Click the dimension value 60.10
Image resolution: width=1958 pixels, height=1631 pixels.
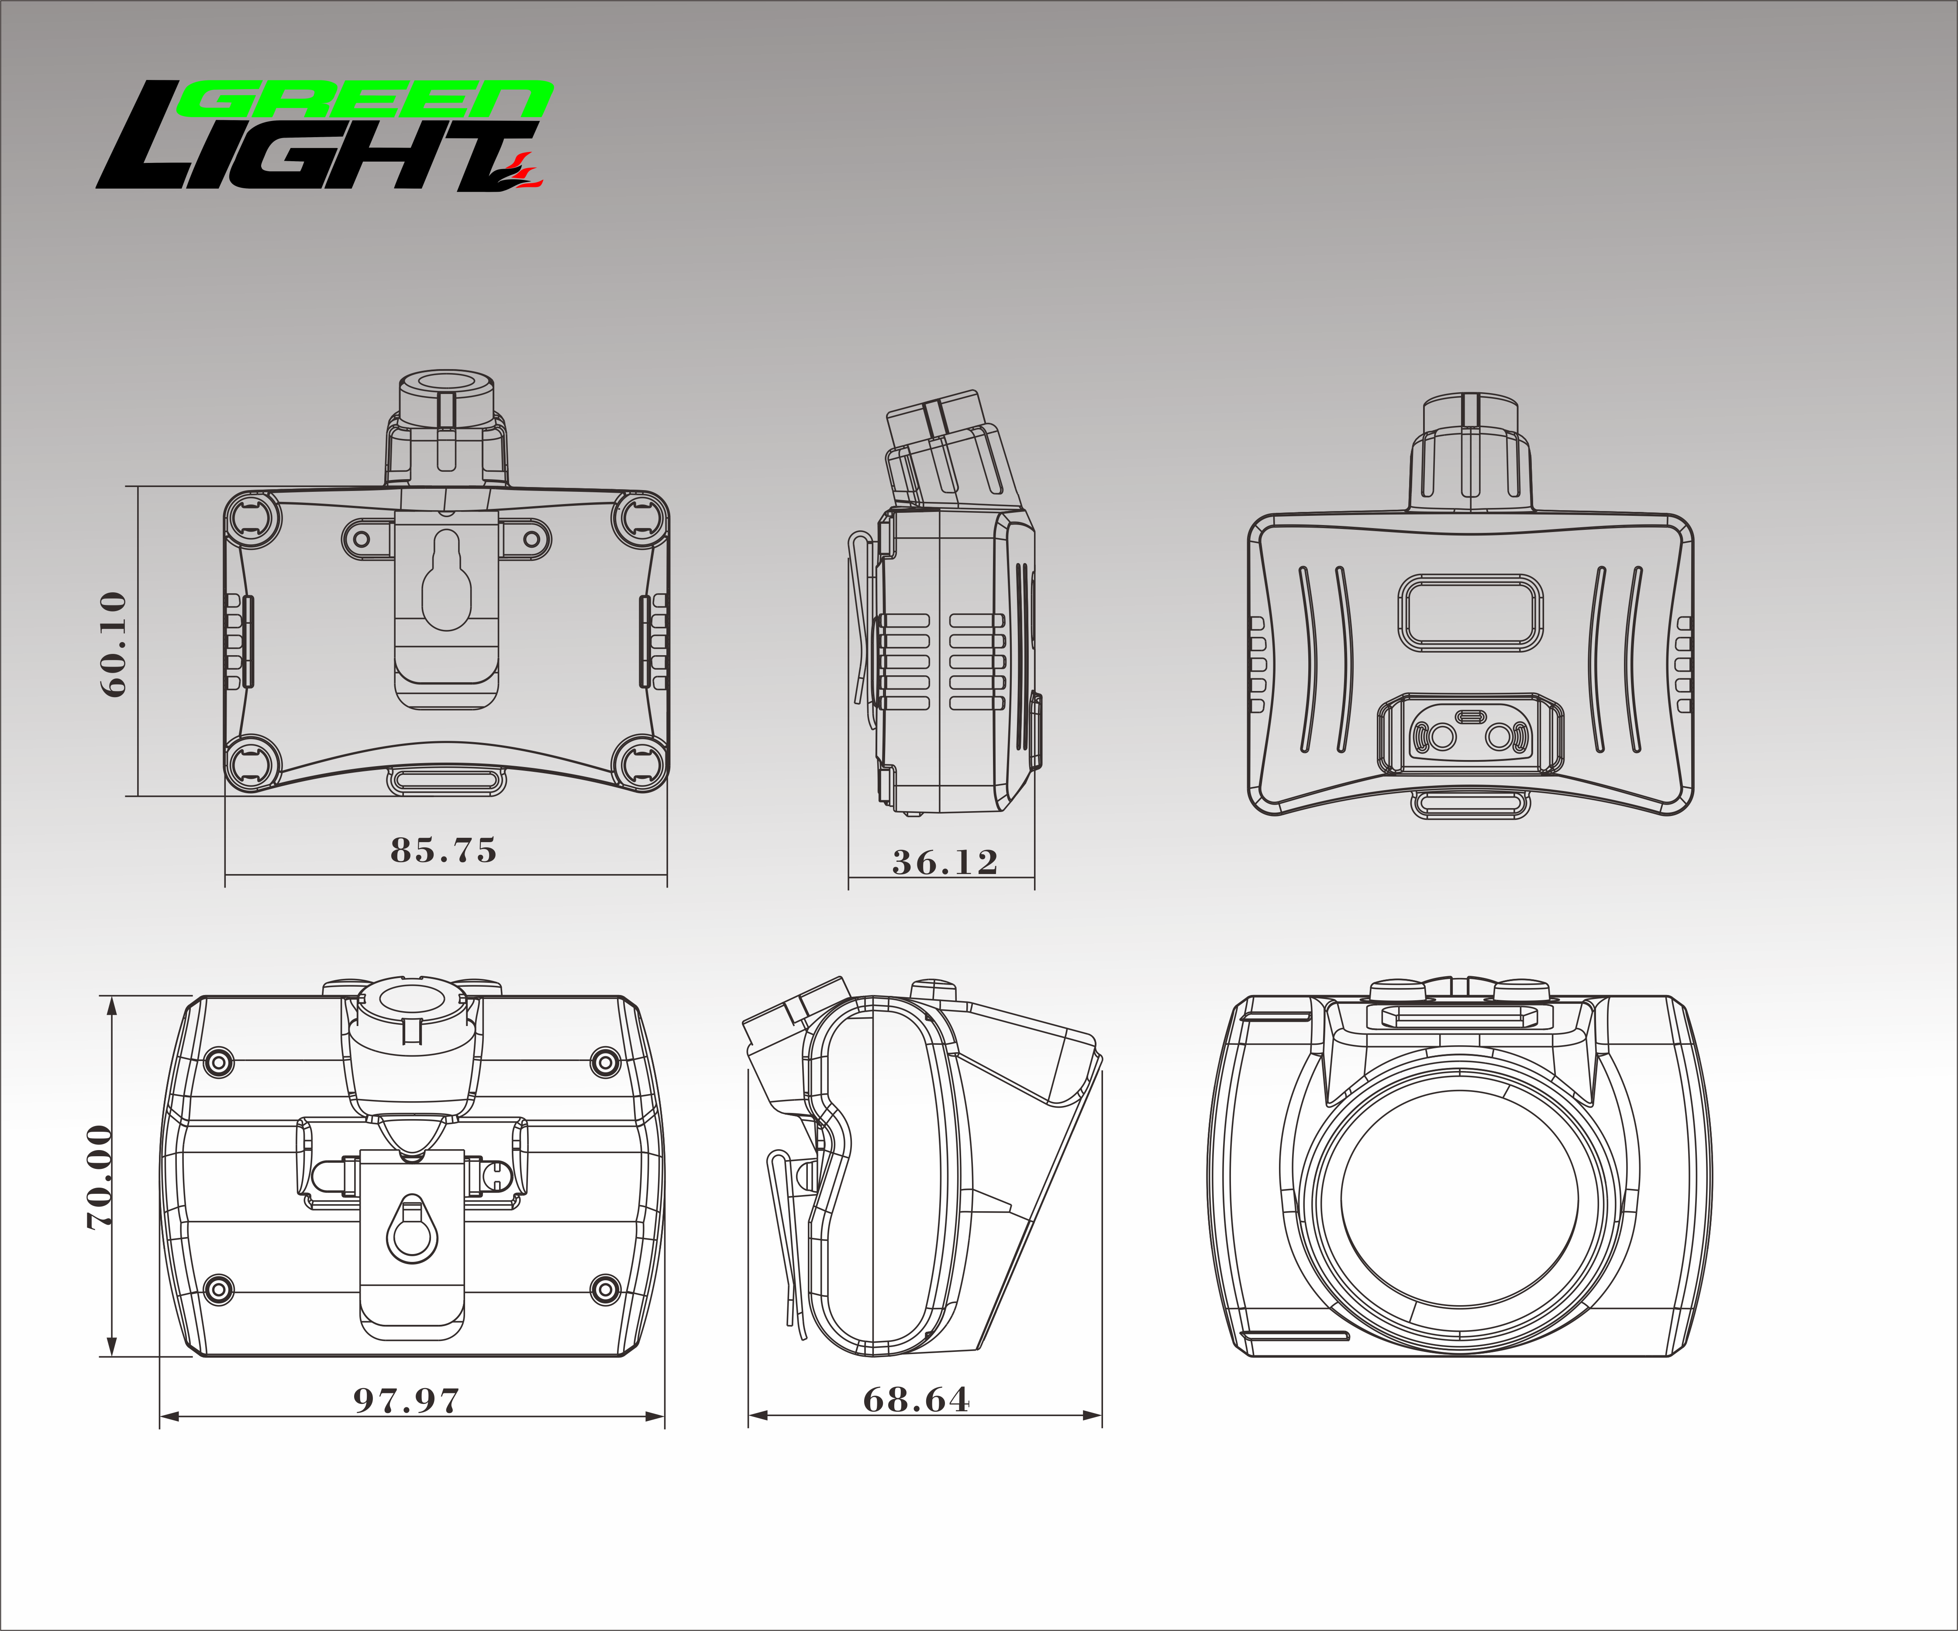[x=113, y=643]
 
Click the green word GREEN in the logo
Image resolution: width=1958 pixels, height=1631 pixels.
[x=365, y=100]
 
